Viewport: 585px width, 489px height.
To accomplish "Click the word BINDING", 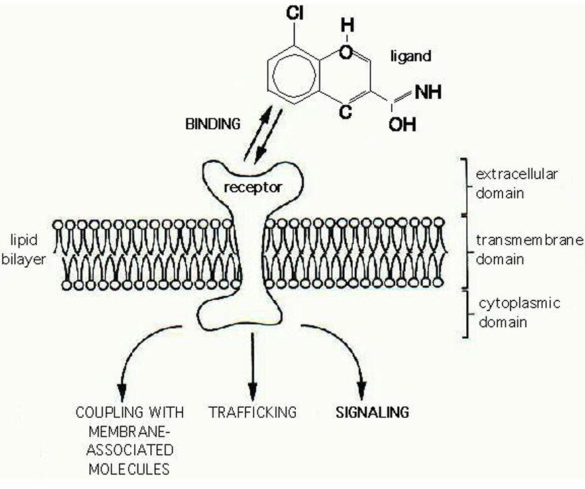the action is coord(213,124).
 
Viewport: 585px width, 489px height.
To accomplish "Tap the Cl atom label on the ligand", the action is coord(295,13).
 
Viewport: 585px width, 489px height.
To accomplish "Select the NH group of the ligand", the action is coord(428,92).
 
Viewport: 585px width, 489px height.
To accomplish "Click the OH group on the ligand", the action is coord(403,125).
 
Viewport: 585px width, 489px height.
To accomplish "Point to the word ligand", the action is coord(411,56).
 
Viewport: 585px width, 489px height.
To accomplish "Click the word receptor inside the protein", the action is coord(252,187).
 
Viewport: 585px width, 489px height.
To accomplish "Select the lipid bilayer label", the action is coord(23,250).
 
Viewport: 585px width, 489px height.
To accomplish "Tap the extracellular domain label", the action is coord(517,184).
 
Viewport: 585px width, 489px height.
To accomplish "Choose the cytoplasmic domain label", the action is coord(519,313).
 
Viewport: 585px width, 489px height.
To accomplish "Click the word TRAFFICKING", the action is coord(252,412).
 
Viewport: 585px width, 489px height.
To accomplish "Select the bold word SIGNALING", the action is coord(372,412).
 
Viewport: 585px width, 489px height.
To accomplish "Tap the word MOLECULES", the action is coord(129,468).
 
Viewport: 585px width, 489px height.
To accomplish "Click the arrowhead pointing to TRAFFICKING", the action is coord(253,392).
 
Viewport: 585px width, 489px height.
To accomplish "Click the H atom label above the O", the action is coord(348,25).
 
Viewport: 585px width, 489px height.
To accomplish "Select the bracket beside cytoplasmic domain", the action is coord(466,313).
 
